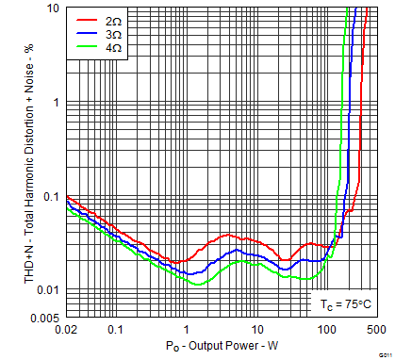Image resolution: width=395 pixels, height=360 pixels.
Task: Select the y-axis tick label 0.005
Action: click(x=46, y=318)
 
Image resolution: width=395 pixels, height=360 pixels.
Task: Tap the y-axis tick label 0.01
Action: click(x=49, y=289)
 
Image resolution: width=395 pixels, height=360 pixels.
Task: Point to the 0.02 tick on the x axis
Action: click(x=67, y=329)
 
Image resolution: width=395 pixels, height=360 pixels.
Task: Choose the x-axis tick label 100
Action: click(x=327, y=329)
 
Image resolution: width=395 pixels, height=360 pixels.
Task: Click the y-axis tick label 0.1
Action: click(x=52, y=196)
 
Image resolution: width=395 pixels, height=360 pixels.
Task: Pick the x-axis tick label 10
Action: click(x=256, y=329)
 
